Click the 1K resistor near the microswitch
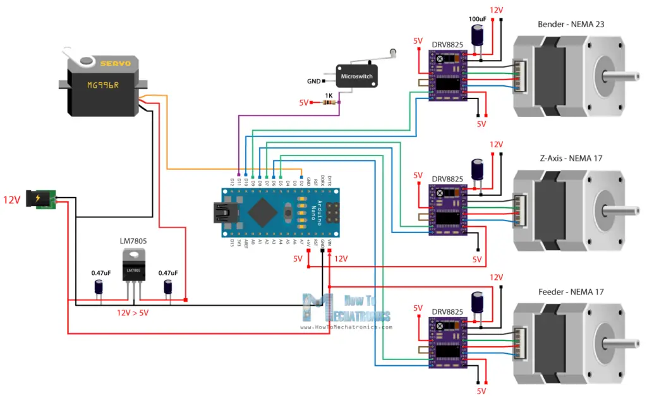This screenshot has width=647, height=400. (x=327, y=103)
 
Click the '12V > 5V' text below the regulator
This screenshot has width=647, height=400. (x=133, y=312)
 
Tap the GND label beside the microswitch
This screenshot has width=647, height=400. (x=313, y=82)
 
